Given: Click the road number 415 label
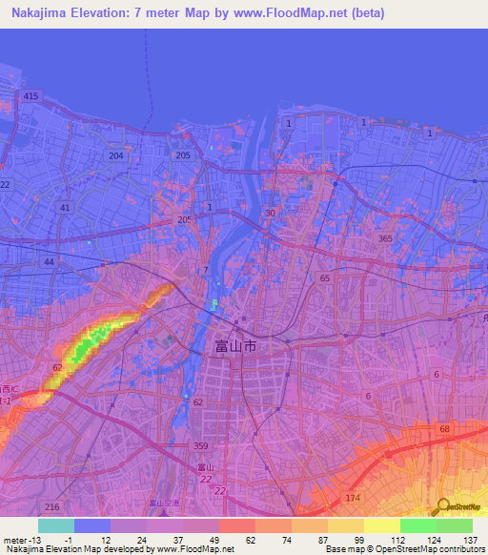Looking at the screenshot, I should tap(31, 96).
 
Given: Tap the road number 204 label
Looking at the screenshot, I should tap(116, 155).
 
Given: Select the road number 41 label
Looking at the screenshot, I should tap(65, 207).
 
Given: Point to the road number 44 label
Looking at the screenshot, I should tap(74, 250).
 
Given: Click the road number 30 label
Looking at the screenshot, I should tap(270, 214).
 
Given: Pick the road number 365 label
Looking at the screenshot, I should tap(384, 238).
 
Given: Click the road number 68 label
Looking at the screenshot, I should tap(443, 430).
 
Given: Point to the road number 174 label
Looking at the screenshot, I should tap(354, 500).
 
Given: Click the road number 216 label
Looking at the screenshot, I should tap(51, 506).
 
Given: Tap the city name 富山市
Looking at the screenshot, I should tap(236, 348).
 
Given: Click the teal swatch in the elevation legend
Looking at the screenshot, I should tap(55, 525).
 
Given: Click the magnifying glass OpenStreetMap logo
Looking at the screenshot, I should tap(440, 506).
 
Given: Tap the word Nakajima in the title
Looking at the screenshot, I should tap(38, 11).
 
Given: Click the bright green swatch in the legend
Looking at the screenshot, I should tap(417, 525).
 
